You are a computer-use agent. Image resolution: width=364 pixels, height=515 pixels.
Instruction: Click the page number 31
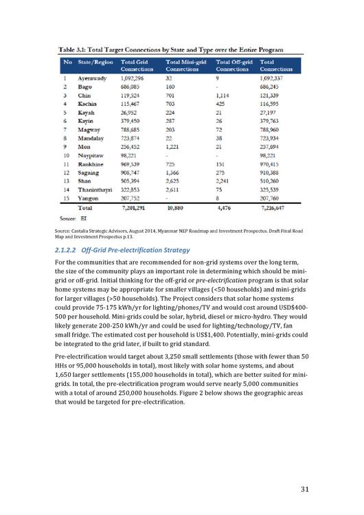click(308, 489)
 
